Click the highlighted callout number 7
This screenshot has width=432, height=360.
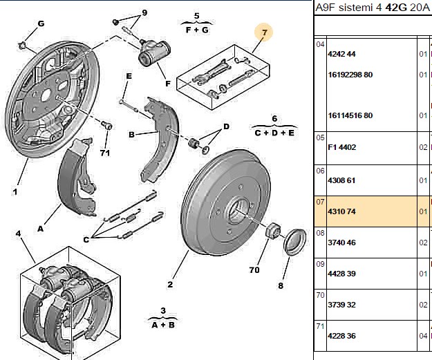point(265,32)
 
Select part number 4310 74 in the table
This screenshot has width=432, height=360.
point(341,211)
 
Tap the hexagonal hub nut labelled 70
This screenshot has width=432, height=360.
point(273,229)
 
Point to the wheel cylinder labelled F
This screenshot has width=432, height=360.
point(154,52)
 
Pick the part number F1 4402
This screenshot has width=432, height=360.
point(341,147)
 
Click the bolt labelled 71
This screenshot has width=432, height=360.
point(106,125)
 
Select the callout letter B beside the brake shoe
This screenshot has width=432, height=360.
point(132,135)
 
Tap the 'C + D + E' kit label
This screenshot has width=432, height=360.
point(274,133)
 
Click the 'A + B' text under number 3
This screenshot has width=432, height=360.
point(163,325)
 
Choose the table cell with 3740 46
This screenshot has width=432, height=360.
point(341,243)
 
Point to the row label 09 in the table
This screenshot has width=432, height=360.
point(320,264)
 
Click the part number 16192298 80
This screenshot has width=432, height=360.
point(350,75)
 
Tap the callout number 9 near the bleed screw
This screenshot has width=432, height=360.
point(144,12)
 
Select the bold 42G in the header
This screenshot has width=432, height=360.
point(396,8)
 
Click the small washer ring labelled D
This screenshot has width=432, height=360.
point(205,149)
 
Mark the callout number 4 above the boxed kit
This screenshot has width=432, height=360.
point(18,234)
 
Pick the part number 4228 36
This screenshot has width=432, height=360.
point(341,336)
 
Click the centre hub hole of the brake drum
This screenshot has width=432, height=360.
point(236,211)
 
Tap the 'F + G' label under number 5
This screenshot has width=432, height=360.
point(197,30)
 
